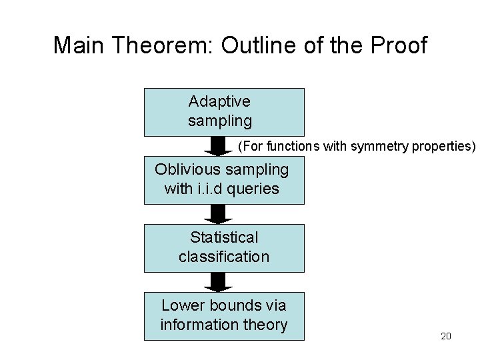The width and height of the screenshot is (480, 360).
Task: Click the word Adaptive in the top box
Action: tap(219, 102)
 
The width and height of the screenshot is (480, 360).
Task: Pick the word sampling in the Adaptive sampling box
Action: tap(220, 121)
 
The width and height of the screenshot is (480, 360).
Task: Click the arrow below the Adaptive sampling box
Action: tap(217, 146)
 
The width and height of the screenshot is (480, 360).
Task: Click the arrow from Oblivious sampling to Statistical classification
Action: tap(217, 214)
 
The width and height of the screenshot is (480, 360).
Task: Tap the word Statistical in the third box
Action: tap(224, 238)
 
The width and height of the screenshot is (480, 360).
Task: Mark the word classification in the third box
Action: tap(224, 257)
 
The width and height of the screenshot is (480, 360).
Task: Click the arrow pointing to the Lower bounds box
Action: tap(217, 282)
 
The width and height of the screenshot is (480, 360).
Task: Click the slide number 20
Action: tap(446, 336)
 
